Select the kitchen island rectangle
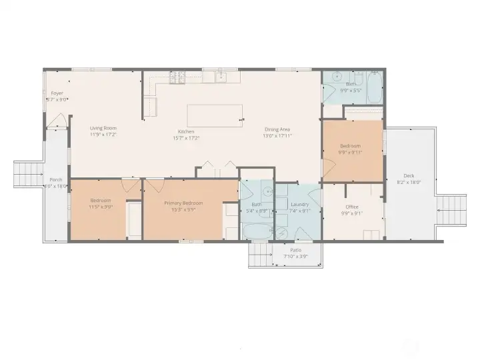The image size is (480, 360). [213, 115]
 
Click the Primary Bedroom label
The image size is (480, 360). [183, 203]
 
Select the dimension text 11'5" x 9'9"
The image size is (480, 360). [101, 207]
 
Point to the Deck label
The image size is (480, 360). [408, 176]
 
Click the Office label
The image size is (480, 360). [351, 207]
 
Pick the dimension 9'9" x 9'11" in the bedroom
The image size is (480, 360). [351, 152]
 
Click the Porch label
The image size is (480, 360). [56, 180]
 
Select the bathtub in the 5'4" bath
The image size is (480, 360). [256, 230]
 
